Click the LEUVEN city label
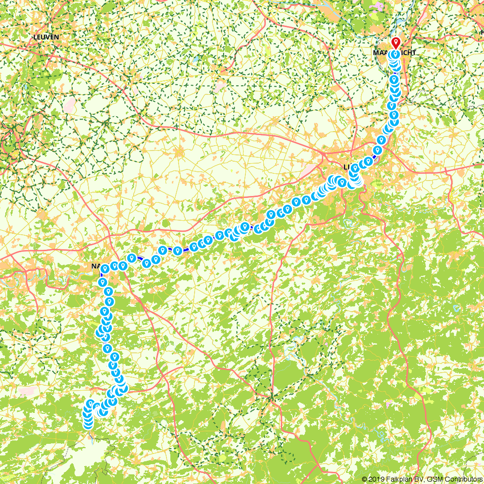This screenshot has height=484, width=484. pos(46,37)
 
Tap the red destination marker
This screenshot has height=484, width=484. pos(396,43)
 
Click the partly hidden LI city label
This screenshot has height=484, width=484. pos(347,167)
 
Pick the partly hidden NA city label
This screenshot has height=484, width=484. pos(96,266)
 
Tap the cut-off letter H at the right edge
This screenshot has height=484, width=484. pos(481,19)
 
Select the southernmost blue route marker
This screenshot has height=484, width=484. pos(88,424)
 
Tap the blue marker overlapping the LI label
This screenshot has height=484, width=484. pos(355,168)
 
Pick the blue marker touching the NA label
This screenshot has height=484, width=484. pos(105,269)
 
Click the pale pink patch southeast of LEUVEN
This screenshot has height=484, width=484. pos(71,104)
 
